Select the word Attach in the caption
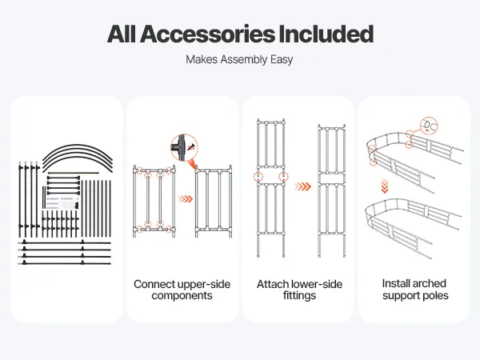[x=273, y=284]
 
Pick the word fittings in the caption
[x=297, y=296]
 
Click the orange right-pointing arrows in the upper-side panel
[x=185, y=198]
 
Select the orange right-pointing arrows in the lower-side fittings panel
[x=300, y=186]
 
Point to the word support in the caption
[x=400, y=295]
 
